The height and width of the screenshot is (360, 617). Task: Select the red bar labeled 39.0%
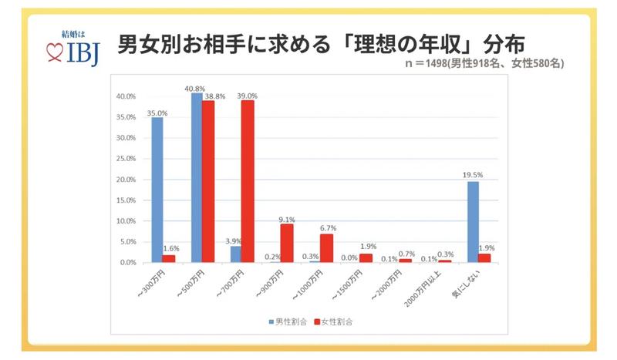coord(248,181)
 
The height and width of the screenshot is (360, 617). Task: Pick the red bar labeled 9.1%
coord(287,243)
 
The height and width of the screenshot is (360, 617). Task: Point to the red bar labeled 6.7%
coord(327,248)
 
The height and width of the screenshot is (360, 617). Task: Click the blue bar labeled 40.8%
coord(197,178)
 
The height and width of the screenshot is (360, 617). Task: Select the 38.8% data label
coord(214,96)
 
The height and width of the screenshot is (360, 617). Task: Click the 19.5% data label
coord(471,175)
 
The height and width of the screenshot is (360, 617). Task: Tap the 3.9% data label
coord(234,241)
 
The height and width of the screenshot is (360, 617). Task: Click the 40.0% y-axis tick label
coord(126,96)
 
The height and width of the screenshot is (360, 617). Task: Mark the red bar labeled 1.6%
coord(169,259)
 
